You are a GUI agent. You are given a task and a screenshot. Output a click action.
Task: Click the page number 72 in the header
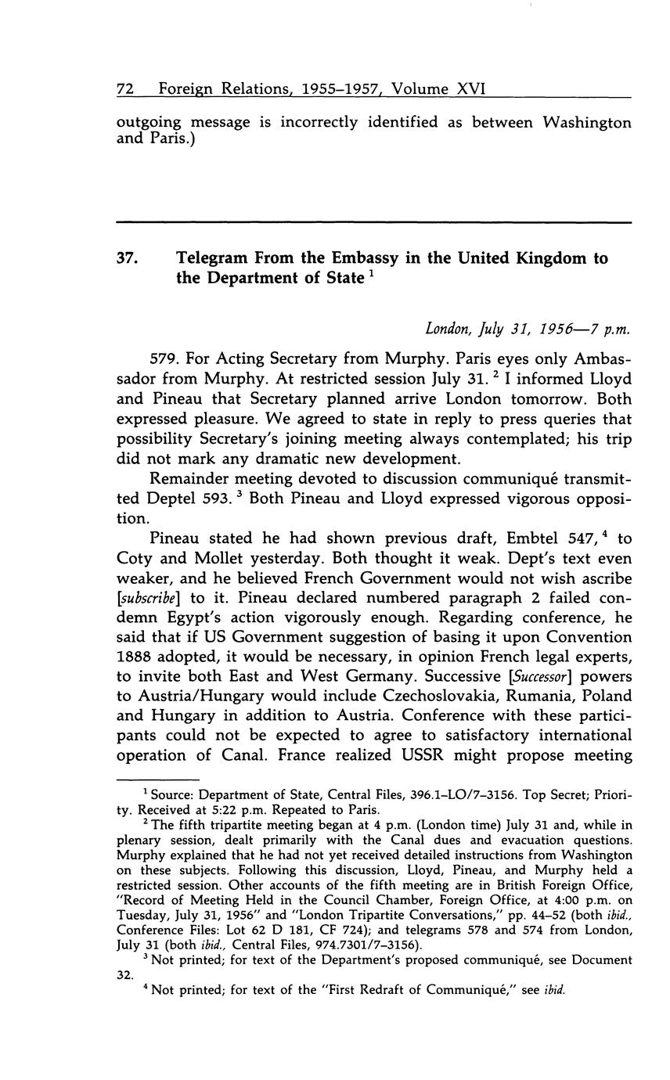point(124,89)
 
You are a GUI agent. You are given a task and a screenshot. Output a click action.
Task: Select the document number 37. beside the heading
point(128,257)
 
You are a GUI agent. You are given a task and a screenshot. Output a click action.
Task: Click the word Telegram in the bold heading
point(214,257)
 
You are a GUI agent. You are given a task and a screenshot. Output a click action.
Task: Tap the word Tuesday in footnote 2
point(142,917)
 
